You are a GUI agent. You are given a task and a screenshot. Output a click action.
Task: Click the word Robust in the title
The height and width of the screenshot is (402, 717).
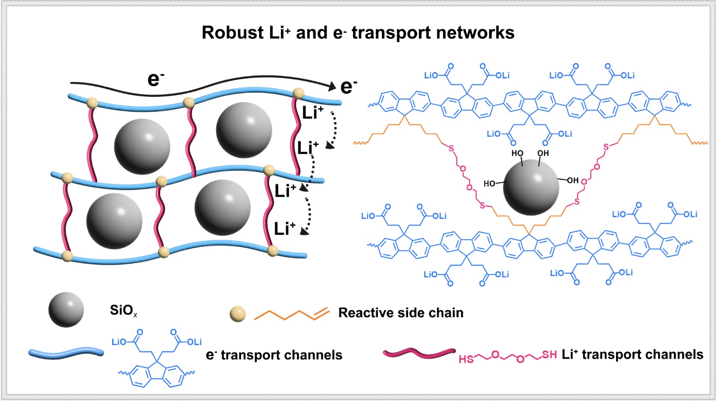tap(232, 33)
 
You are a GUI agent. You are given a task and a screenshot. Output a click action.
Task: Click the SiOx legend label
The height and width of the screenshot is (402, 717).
tap(123, 311)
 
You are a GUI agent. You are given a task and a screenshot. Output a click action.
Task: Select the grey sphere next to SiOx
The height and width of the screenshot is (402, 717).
tap(66, 310)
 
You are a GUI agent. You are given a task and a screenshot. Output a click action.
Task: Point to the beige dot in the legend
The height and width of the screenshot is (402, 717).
tap(238, 314)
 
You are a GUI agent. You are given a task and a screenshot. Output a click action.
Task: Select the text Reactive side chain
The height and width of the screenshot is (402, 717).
tap(400, 313)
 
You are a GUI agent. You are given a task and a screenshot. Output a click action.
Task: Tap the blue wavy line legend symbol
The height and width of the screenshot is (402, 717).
tap(66, 353)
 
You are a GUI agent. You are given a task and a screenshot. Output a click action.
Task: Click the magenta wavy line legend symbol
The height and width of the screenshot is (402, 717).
tap(419, 353)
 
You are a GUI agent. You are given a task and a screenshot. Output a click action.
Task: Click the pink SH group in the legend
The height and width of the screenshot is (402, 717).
tap(549, 355)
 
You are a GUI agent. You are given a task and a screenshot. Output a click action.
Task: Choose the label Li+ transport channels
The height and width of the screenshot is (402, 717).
tap(632, 355)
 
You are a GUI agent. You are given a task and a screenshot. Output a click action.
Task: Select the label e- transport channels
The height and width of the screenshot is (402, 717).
tap(274, 355)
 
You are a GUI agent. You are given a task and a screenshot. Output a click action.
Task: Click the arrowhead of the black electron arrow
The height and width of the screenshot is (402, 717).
tap(333, 86)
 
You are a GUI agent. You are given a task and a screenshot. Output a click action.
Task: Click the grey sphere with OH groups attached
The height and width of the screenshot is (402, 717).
tap(531, 187)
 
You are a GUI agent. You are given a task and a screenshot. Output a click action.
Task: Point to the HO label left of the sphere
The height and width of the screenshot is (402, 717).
tap(489, 183)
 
